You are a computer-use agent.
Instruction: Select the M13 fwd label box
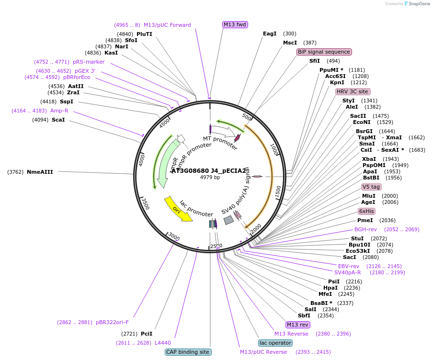[235, 24]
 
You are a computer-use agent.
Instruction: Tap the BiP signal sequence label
[324, 52]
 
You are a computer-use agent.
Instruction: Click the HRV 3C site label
[352, 91]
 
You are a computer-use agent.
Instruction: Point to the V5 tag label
[371, 187]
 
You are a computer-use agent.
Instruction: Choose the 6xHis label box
[366, 211]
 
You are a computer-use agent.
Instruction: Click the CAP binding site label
[188, 352]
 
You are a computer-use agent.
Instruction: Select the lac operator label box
[275, 343]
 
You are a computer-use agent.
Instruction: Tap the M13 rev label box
[298, 325]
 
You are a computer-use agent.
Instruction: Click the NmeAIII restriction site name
[40, 172]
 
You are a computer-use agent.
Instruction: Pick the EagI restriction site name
[270, 34]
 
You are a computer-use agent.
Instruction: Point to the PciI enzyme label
[147, 334]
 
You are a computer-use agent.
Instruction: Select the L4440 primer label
[163, 343]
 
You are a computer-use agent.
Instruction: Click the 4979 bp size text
[210, 177]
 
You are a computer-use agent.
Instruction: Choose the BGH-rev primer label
[365, 229]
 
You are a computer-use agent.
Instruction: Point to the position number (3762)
[15, 172]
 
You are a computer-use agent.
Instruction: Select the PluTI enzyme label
[144, 34]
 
